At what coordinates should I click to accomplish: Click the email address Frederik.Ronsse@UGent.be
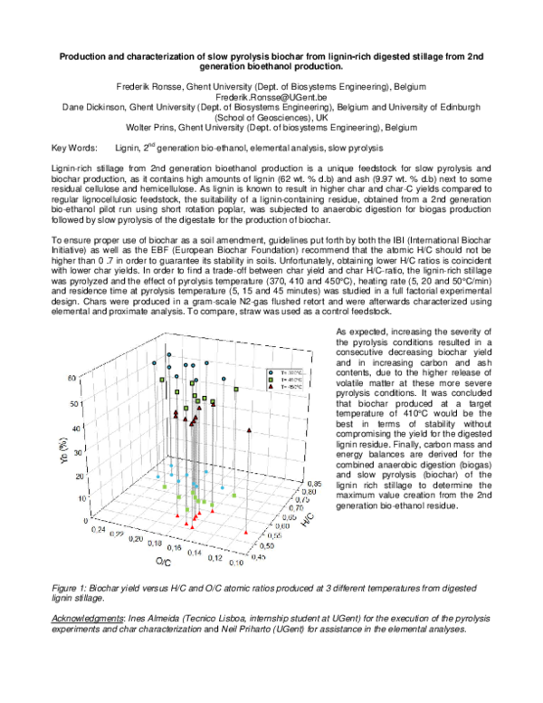click(271, 96)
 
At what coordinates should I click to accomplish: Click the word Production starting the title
click(86, 56)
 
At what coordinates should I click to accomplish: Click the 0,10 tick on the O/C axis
click(237, 562)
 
